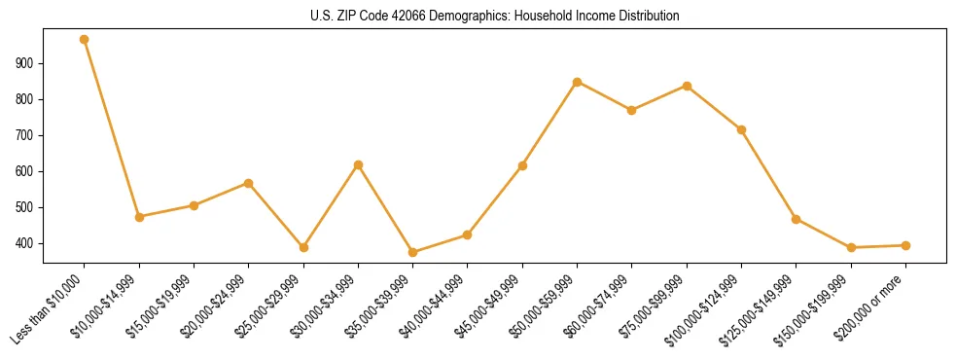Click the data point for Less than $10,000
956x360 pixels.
tap(85, 40)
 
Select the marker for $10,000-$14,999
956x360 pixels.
tap(139, 217)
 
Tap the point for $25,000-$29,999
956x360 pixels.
tap(303, 247)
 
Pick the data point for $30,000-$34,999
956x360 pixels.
tap(358, 165)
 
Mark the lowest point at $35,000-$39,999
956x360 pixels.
tap(413, 252)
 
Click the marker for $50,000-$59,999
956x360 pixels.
tap(578, 82)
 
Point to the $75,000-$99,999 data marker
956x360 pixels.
tap(687, 86)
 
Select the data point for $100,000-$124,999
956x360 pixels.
tap(742, 129)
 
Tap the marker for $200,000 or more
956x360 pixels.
tap(905, 245)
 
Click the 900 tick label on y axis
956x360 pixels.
tap(26, 63)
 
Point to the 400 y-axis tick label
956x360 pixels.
tap(26, 243)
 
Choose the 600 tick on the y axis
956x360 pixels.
tap(26, 171)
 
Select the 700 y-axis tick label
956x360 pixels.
tap(26, 135)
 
